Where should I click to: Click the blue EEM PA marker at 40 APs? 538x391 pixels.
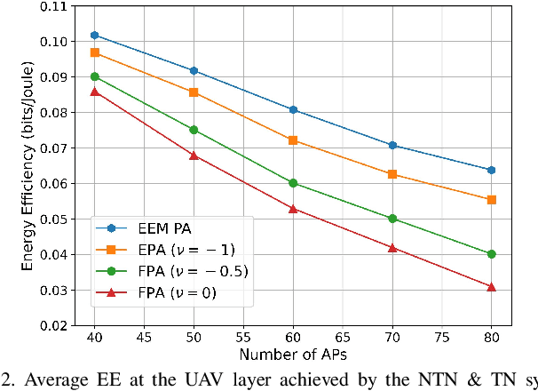coord(95,36)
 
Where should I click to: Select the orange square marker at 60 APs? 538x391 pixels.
coord(293,140)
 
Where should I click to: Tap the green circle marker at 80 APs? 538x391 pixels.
coord(491,254)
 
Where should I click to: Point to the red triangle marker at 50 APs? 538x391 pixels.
coord(194,155)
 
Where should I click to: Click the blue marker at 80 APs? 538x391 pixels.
coord(491,170)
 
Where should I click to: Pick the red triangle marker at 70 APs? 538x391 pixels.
coord(392,247)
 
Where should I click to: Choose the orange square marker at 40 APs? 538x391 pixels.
coord(95,53)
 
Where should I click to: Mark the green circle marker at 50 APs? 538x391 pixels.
coord(194,130)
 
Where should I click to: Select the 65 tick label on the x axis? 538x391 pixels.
coord(343,339)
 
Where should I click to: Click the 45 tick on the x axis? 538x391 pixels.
coord(145,339)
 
